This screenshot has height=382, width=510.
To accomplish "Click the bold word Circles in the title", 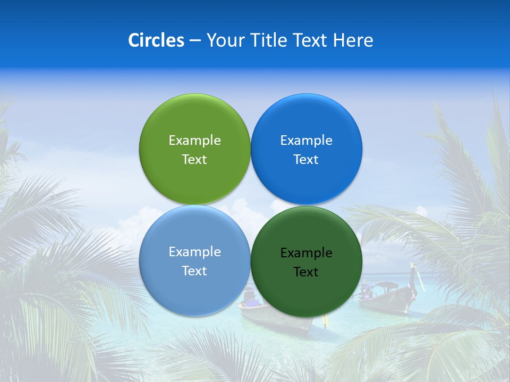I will tap(156, 40).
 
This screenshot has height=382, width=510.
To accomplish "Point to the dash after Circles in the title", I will tap(195, 41).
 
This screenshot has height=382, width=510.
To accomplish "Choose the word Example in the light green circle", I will tap(194, 140).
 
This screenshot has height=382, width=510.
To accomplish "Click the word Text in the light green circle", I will tap(194, 159).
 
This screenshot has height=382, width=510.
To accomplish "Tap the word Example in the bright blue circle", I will tap(306, 140).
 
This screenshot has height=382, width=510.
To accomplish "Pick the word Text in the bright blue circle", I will tap(306, 159).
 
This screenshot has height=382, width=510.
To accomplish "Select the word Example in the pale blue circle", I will tap(194, 251).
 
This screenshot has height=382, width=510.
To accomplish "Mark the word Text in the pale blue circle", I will tap(194, 271).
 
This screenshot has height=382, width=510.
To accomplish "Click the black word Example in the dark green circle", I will tap(306, 253).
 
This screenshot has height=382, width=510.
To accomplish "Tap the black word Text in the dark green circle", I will tap(306, 272).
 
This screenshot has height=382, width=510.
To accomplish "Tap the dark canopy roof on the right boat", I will tap(386, 285).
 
